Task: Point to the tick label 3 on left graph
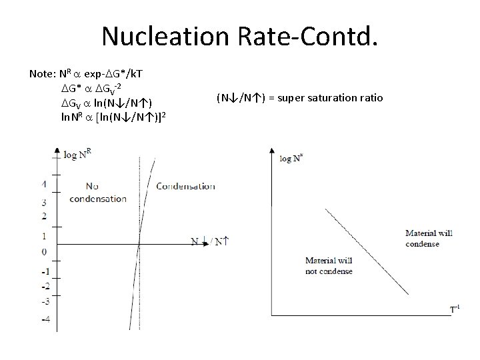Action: [x=43, y=202]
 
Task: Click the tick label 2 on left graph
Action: [x=43, y=216]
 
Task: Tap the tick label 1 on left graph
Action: [x=43, y=235]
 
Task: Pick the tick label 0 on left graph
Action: [x=43, y=251]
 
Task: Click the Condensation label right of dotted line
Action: [x=185, y=186]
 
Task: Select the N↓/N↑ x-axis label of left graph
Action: [x=209, y=241]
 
